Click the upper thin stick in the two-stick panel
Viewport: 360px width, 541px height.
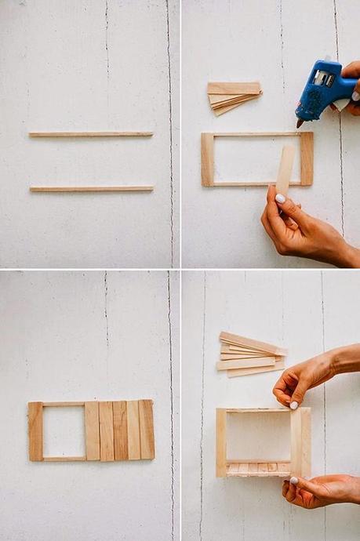point(90,134)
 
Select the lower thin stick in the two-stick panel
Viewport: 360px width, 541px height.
point(91,188)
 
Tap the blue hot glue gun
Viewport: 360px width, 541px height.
point(323,88)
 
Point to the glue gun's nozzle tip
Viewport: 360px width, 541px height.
point(300,123)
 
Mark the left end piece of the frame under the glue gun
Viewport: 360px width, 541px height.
point(208,159)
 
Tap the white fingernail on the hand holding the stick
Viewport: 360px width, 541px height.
point(280,199)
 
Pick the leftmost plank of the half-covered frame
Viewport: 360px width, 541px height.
point(35,430)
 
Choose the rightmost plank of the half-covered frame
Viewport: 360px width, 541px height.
point(147,430)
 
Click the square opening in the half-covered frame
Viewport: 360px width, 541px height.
point(64,431)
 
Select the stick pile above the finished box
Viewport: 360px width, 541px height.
point(249,355)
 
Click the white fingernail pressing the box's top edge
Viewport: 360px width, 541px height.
point(293,405)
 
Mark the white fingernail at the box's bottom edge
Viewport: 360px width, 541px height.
point(293,480)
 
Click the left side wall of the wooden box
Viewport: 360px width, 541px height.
point(221,442)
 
